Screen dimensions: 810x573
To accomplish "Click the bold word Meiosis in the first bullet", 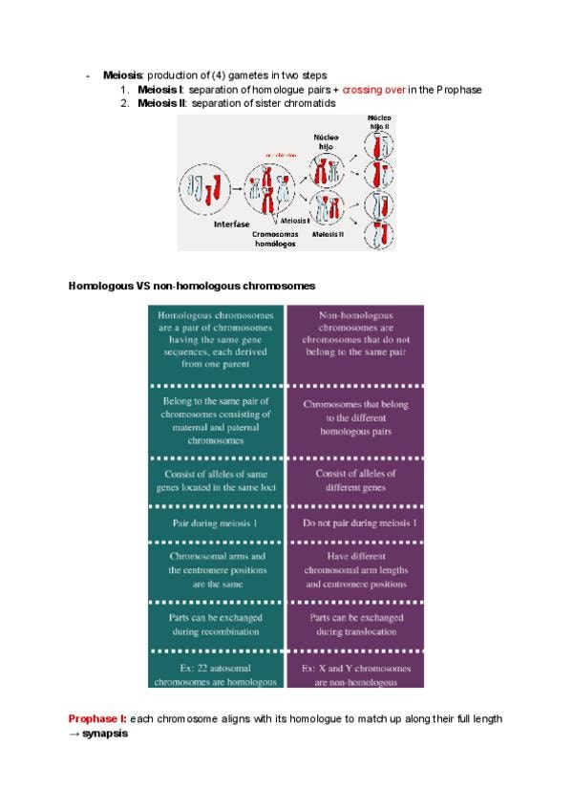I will tap(122, 75).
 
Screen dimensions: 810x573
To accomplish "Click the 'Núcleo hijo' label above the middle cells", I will tap(327, 142).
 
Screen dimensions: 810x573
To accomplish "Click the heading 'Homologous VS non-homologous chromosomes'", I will tap(192, 286).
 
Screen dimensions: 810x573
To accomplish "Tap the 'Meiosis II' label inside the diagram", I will tap(335, 233).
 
